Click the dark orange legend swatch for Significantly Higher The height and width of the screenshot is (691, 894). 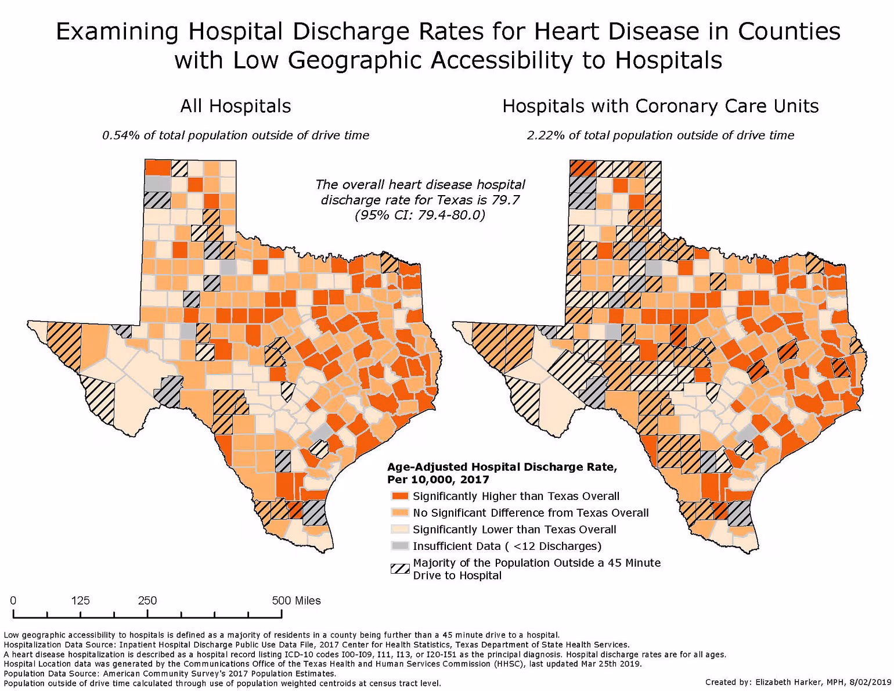point(401,496)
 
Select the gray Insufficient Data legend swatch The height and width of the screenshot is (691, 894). point(401,546)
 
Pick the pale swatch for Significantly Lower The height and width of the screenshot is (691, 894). point(401,530)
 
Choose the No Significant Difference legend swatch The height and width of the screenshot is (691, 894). point(401,513)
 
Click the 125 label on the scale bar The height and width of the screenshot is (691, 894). point(80,600)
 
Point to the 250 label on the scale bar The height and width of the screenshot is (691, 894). point(147,600)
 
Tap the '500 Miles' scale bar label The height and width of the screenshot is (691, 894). point(296,600)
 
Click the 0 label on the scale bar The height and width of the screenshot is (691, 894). point(13,600)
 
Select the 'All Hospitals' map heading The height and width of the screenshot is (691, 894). point(235,106)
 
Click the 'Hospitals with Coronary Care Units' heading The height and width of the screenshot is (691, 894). point(660,106)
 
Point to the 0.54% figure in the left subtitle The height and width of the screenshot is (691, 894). point(117,135)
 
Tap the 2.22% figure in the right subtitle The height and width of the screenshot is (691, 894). point(542,135)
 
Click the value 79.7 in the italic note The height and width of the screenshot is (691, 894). point(507,200)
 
